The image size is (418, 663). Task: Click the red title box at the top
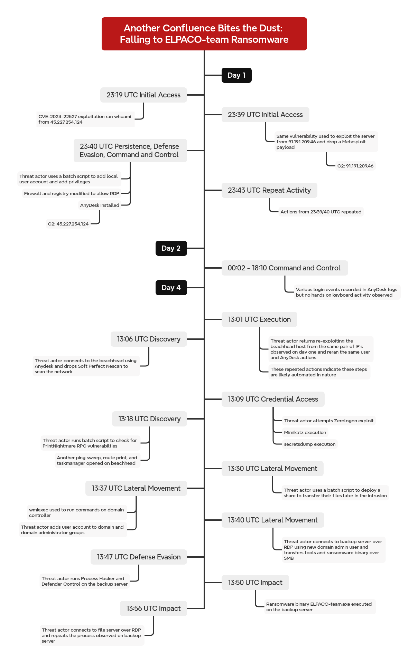[204, 34]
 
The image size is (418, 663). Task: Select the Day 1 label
[236, 75]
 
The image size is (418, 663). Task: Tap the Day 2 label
[171, 248]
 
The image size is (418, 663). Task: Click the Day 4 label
[171, 288]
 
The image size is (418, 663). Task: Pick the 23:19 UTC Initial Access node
[143, 95]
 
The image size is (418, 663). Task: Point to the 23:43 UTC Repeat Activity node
[269, 190]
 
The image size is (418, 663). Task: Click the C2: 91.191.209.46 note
[355, 166]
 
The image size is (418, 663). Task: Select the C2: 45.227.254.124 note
[68, 224]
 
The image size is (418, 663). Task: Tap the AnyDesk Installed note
[100, 205]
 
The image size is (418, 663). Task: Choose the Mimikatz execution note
[305, 432]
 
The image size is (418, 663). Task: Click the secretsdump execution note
[310, 444]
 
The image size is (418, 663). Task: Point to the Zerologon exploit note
[329, 421]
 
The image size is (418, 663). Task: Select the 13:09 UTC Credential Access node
[273, 399]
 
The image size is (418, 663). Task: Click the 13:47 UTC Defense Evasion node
[139, 557]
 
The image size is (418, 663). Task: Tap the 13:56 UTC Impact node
[154, 608]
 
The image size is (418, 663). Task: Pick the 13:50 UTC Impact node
[255, 583]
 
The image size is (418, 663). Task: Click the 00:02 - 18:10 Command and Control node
[285, 268]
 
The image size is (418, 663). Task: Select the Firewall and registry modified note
[72, 193]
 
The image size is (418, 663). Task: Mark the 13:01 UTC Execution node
[259, 319]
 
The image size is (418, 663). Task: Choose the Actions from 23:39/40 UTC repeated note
[321, 212]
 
